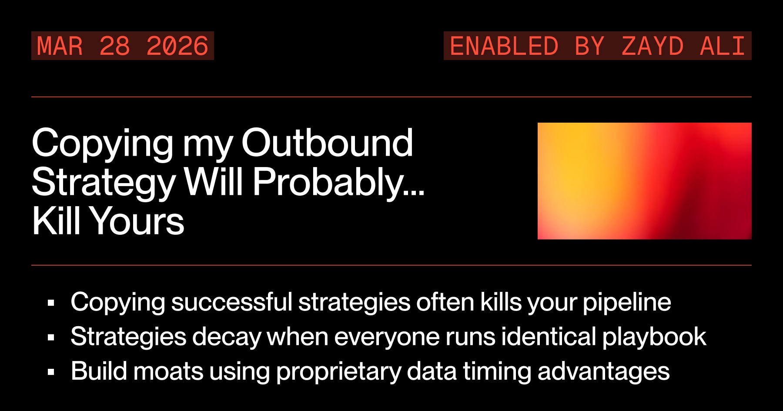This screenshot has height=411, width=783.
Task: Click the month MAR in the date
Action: tap(60, 46)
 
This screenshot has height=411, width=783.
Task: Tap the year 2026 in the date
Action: tap(177, 46)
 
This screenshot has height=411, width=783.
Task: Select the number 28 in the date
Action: tap(115, 46)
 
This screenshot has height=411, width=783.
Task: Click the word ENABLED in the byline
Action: tap(504, 46)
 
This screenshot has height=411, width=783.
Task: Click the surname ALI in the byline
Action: tap(723, 46)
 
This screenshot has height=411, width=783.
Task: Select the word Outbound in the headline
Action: tap(327, 143)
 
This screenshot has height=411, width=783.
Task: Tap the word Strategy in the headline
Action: tap(104, 182)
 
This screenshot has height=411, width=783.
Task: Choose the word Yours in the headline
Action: tap(137, 221)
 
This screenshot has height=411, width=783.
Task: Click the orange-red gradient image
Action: tap(644, 181)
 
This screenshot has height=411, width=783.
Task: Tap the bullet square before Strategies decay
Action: tap(51, 337)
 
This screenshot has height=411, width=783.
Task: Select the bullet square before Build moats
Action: tap(51, 372)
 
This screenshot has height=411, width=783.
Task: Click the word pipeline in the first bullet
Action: tap(626, 302)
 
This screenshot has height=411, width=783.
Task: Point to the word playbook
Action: tap(654, 337)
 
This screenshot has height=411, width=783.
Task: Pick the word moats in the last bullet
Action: tap(168, 371)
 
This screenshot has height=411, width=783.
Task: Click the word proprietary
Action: tap(338, 372)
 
